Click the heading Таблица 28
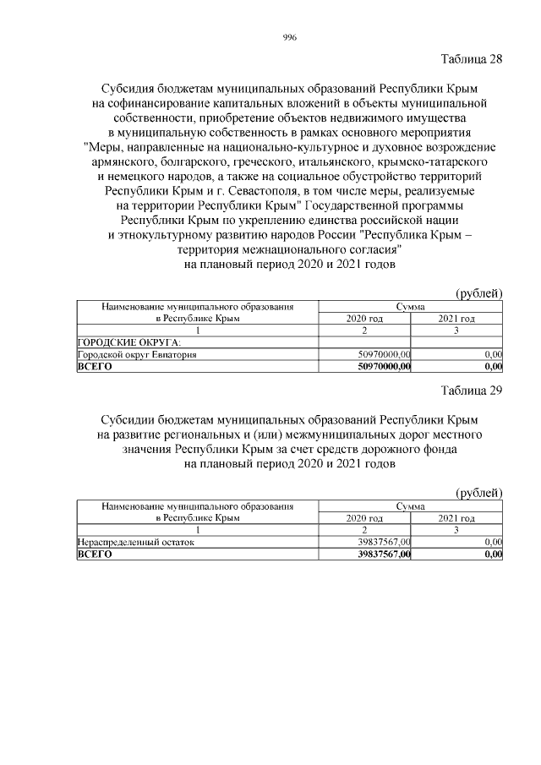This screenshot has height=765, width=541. tap(472, 59)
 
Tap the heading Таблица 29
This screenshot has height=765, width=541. tap(472, 391)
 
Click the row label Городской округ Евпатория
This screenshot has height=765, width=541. tap(137, 355)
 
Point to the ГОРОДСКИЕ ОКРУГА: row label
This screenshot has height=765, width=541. tap(123, 342)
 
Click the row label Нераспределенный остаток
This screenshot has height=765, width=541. tap(135, 543)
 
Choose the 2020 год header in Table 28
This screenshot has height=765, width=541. tap(365, 319)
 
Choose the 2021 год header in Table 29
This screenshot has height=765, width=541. tap(456, 518)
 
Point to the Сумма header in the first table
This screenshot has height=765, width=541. tap(410, 307)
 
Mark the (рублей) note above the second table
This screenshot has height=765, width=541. tap(479, 493)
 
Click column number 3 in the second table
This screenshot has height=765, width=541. tap(456, 530)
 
